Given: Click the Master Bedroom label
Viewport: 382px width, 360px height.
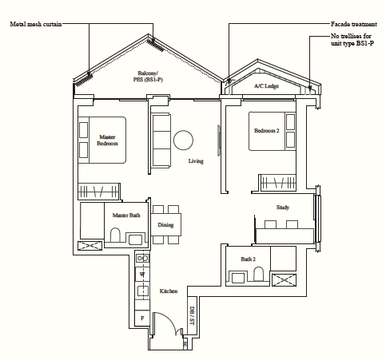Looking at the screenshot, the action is [x=107, y=140].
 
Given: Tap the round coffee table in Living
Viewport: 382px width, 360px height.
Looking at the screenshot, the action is [x=183, y=140].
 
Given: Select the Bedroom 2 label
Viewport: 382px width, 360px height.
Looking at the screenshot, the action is [x=267, y=131].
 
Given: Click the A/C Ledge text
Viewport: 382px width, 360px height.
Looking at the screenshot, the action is [x=266, y=86].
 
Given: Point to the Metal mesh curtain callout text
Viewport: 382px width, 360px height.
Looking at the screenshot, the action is [x=36, y=24].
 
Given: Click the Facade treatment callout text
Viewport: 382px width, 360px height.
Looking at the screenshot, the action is [x=354, y=24].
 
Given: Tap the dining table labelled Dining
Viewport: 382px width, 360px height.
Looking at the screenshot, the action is [x=166, y=225].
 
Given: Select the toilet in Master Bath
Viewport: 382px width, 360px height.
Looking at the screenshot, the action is [x=115, y=235].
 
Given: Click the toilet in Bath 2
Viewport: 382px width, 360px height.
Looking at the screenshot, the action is [x=258, y=274].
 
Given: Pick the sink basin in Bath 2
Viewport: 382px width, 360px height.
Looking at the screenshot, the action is [x=239, y=278].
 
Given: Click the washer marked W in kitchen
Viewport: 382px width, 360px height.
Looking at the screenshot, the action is [x=142, y=275].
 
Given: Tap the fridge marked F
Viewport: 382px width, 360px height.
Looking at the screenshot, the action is [x=142, y=318].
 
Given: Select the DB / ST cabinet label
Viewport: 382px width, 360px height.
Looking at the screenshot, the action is [x=192, y=315].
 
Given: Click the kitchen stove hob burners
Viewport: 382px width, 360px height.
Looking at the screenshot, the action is [x=142, y=258].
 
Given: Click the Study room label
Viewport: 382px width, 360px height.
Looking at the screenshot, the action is [x=283, y=208].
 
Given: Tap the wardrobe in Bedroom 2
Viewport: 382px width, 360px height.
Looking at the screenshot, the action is [x=278, y=183].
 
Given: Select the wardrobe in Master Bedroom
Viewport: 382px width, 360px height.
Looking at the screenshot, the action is [x=99, y=192].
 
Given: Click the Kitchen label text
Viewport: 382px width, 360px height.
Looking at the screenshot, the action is [x=169, y=291].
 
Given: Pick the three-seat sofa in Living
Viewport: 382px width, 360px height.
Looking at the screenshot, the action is [x=161, y=140].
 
